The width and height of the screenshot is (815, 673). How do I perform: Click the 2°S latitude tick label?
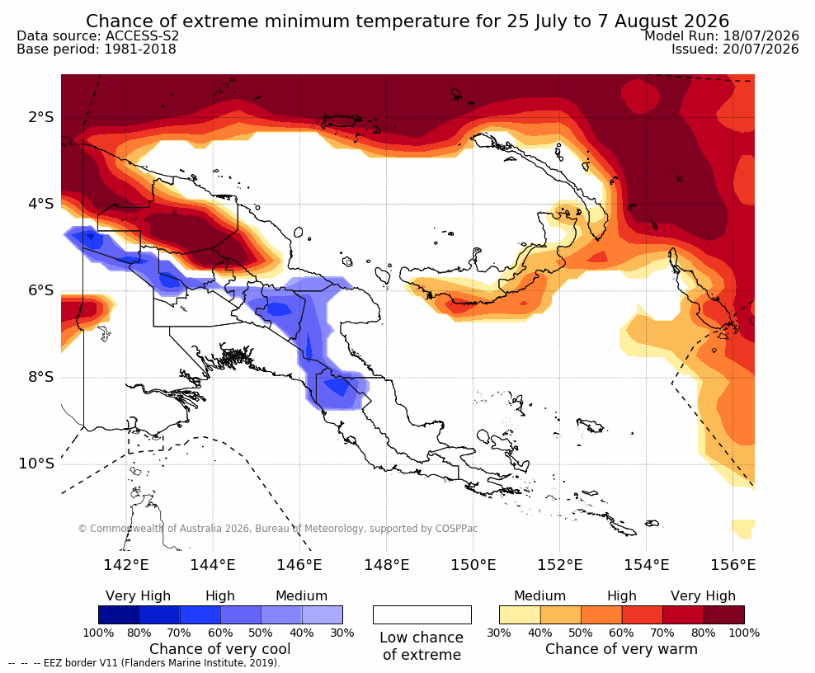pos(41,117)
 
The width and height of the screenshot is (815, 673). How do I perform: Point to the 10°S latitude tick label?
pos(36,464)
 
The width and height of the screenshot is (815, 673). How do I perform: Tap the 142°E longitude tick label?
pos(126,564)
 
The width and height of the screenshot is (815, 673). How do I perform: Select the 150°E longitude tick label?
pos(473,564)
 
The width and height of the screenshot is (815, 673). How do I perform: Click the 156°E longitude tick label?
pos(733,564)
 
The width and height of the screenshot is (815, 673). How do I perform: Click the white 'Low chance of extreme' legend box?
pos(422,614)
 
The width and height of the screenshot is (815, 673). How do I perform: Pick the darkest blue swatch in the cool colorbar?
pos(119,614)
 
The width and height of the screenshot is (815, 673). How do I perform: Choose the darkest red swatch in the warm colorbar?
pos(724,614)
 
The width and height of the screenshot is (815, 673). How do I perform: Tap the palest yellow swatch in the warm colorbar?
pos(520,614)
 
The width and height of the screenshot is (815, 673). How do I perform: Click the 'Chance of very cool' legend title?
pos(220,649)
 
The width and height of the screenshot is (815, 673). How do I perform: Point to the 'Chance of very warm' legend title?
pos(622,649)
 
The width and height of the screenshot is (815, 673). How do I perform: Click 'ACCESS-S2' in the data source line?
pos(142,35)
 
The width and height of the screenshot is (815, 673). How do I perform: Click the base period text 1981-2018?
pos(139,49)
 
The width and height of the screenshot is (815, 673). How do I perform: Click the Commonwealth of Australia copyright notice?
pos(277,529)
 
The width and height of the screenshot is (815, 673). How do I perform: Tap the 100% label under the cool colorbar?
pos(98,633)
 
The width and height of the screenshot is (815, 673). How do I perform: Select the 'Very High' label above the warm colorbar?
pos(703,595)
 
